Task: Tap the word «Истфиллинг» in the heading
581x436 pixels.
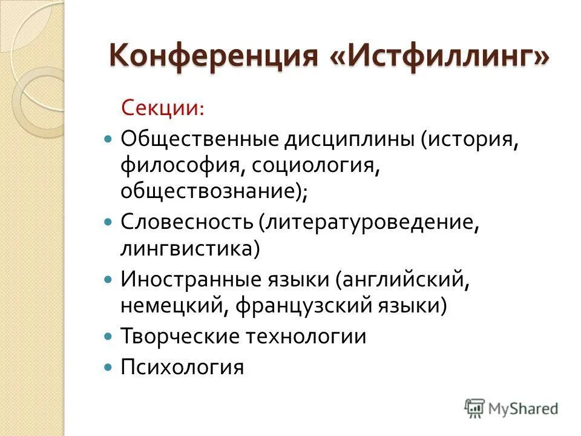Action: (438, 56)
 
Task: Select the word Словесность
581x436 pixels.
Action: (186, 221)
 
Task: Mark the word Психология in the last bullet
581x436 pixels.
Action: (182, 366)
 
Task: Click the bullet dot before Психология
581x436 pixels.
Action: (108, 367)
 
